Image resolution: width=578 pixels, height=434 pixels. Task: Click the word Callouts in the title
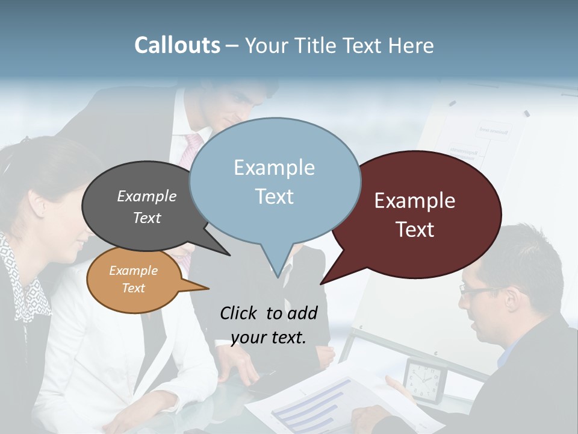[x=177, y=45]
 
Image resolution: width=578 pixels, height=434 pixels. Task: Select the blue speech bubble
[x=275, y=181]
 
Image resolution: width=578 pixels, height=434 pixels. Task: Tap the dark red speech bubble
[x=415, y=215]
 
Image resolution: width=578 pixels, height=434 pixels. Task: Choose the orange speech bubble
[x=134, y=280]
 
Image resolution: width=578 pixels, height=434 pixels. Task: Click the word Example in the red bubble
[x=415, y=201]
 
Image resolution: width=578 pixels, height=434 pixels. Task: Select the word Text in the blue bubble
[x=275, y=197]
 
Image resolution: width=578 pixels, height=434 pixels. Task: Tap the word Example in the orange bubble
[x=134, y=271]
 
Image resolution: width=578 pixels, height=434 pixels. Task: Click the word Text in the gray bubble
[x=147, y=218]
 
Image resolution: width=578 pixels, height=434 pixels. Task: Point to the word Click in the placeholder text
[x=238, y=313]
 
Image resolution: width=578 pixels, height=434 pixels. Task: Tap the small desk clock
[x=424, y=380]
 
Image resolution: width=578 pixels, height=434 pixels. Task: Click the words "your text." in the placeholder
[x=269, y=338]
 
